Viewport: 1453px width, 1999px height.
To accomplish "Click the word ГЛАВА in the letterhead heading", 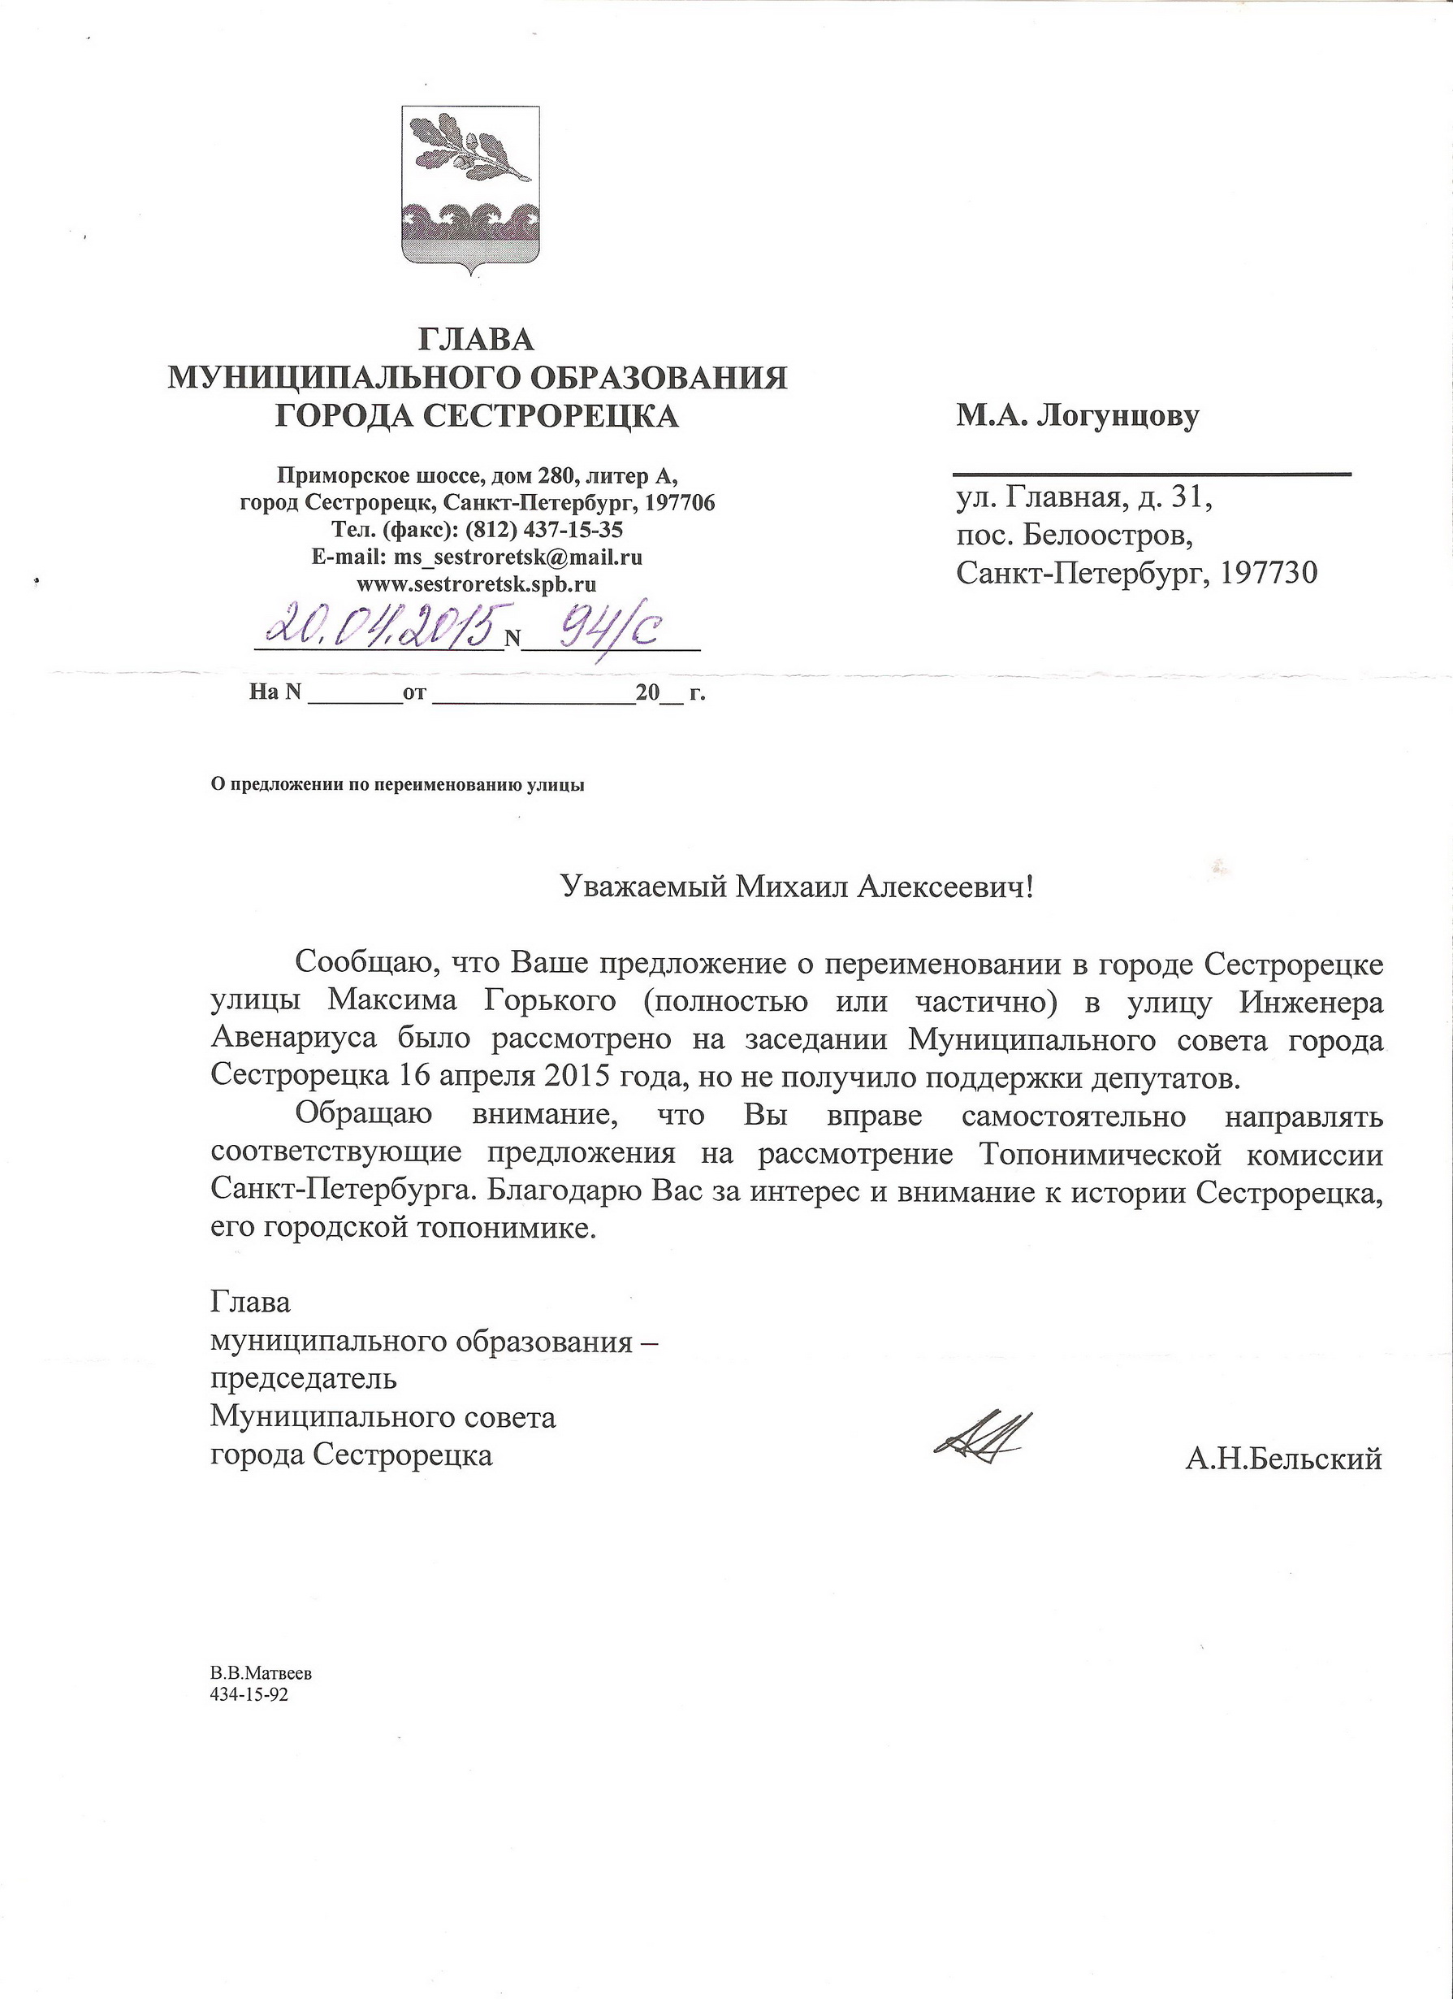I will (x=477, y=339).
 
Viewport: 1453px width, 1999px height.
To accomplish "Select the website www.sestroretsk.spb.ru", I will (x=477, y=583).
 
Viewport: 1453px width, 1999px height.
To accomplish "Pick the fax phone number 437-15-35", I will (x=573, y=530).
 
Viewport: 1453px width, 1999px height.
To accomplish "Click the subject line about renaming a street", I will (x=397, y=784).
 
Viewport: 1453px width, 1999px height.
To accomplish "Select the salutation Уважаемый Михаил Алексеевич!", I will (x=797, y=887).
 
